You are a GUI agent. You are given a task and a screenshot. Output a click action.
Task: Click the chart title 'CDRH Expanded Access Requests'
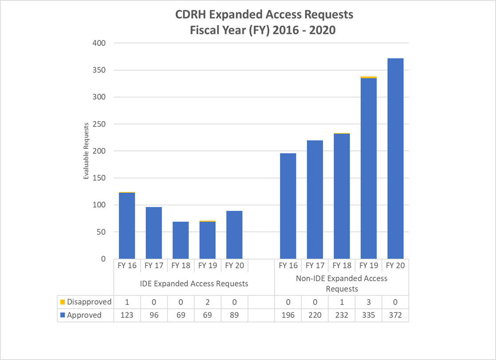[259, 15]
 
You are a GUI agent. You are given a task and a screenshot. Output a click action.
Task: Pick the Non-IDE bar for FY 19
[369, 168]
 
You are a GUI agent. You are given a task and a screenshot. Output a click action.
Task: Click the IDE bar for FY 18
[181, 240]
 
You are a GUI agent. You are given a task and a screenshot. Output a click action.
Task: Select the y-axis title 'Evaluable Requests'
[87, 151]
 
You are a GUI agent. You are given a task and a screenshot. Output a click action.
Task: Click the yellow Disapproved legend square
[63, 302]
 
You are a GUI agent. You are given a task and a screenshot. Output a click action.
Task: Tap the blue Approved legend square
[63, 315]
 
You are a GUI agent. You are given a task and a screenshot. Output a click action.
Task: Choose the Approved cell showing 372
[395, 315]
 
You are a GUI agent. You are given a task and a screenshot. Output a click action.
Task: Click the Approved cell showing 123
[127, 315]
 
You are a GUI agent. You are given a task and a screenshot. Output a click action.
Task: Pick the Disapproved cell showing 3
[369, 302]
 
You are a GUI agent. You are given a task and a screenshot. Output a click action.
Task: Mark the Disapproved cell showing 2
[207, 302]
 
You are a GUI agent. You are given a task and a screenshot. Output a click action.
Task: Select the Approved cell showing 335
[369, 315]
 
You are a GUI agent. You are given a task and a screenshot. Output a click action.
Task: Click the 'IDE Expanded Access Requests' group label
[194, 283]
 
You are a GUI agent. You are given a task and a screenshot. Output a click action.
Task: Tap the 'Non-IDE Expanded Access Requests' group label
[341, 283]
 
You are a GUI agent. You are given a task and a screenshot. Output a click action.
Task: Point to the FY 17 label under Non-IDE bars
[315, 265]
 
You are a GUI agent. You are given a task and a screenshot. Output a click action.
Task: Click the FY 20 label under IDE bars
[234, 265]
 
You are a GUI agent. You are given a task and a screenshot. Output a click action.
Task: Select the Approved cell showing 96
[154, 315]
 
